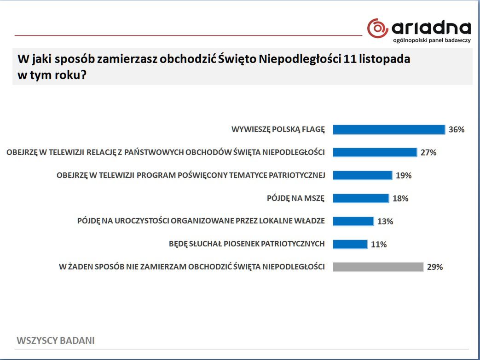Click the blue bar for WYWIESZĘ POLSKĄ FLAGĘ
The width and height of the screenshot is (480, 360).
pyautogui.click(x=388, y=130)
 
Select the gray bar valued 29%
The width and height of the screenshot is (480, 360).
pyautogui.click(x=378, y=267)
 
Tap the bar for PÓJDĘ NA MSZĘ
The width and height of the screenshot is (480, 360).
pyautogui.click(x=360, y=198)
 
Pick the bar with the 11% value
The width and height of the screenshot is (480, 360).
pyautogui.click(x=350, y=244)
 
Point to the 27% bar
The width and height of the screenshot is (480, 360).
pyautogui.click(x=375, y=152)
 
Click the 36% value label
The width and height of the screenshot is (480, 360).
pyautogui.click(x=457, y=130)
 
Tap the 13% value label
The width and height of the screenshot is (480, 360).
pyautogui.click(x=385, y=222)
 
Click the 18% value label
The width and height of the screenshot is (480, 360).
pyautogui.click(x=400, y=199)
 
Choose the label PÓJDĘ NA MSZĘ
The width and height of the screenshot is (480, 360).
pyautogui.click(x=295, y=199)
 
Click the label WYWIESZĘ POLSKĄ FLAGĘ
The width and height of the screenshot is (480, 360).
pyautogui.click(x=278, y=130)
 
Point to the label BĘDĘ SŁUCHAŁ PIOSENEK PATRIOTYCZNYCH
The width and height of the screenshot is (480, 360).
pyautogui.click(x=247, y=244)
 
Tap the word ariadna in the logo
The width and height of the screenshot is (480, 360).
pyautogui.click(x=431, y=28)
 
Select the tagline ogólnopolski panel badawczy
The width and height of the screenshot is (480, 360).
pyautogui.click(x=432, y=41)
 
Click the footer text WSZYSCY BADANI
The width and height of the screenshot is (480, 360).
pyautogui.click(x=56, y=341)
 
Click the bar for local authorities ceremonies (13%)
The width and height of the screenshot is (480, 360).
pyautogui.click(x=353, y=221)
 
